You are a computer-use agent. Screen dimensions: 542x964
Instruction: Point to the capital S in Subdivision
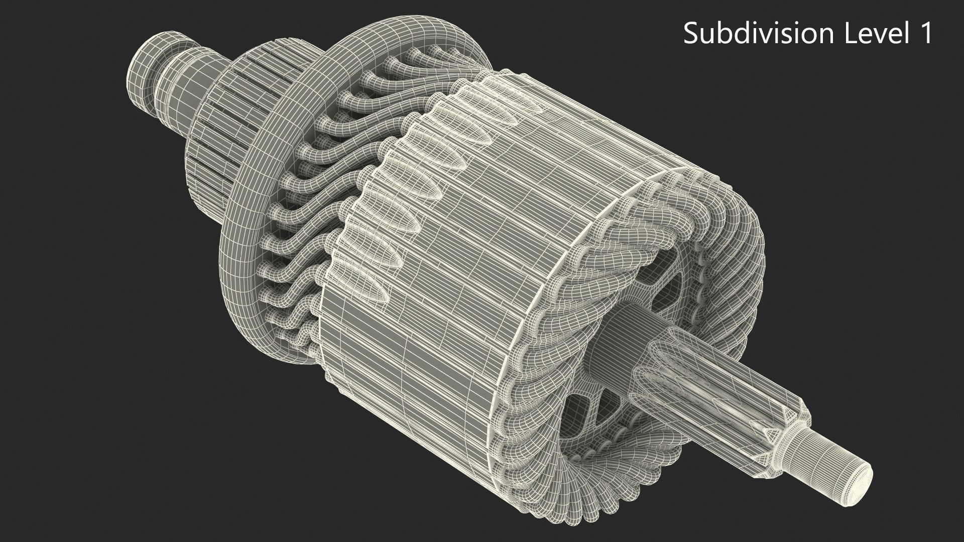click(691, 34)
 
